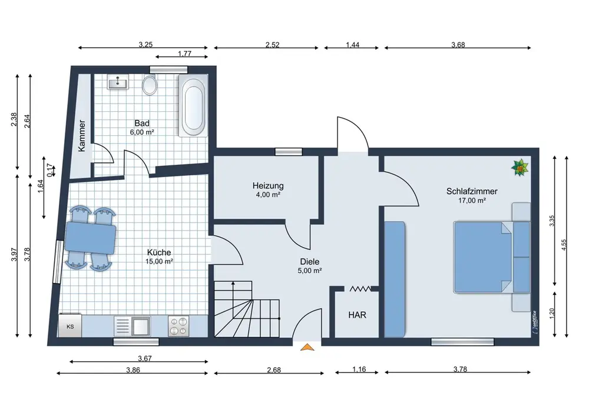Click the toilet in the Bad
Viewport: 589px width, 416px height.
pos(150,85)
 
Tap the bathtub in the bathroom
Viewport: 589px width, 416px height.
pos(193,105)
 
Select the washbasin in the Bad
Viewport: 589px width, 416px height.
pos(118,82)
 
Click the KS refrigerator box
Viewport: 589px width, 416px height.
pos(70,325)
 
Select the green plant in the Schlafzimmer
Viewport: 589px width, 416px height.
pos(520,168)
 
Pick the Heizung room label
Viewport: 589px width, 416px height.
pos(268,186)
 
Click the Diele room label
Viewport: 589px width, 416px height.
pos(310,262)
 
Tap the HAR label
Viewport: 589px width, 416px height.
pos(357,315)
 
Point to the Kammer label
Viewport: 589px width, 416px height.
pos(82,136)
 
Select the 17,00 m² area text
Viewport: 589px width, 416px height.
pos(472,201)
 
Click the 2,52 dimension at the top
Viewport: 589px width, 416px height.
pos(272,45)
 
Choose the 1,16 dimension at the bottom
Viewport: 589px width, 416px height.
pos(359,370)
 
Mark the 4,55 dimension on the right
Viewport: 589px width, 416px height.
pos(563,245)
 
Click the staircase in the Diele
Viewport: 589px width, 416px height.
pos(247,309)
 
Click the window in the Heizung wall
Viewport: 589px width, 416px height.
pos(289,152)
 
